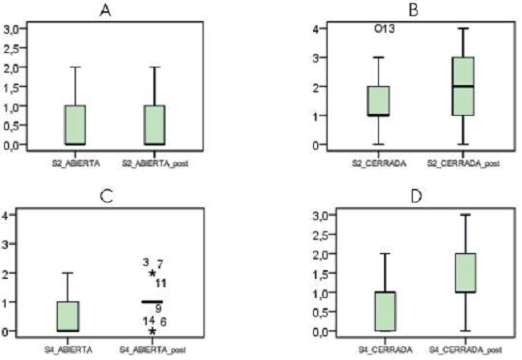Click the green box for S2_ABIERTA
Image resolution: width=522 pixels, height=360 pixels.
pos(75,125)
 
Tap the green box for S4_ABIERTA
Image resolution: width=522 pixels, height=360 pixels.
pos(75,316)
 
